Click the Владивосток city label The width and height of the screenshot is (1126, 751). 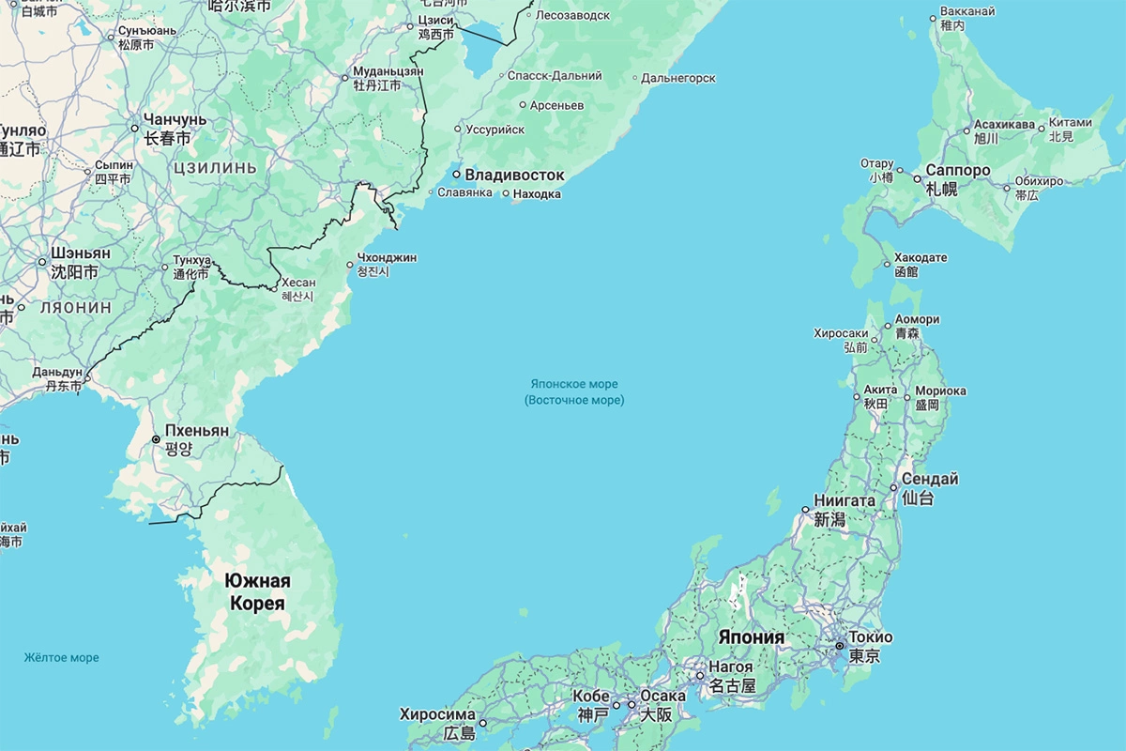pyautogui.click(x=514, y=175)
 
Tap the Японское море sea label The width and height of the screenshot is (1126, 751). pyautogui.click(x=573, y=384)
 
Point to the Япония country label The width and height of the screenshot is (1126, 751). pyautogui.click(x=751, y=637)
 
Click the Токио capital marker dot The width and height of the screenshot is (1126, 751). pyautogui.click(x=840, y=646)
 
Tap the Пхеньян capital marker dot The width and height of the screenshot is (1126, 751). pyautogui.click(x=157, y=439)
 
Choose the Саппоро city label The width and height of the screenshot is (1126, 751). pyautogui.click(x=957, y=170)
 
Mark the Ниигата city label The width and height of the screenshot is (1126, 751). pyautogui.click(x=844, y=500)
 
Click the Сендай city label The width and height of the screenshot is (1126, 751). pyautogui.click(x=930, y=479)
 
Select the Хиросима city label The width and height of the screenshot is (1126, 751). pyautogui.click(x=437, y=713)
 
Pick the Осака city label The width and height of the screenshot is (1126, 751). pyautogui.click(x=663, y=696)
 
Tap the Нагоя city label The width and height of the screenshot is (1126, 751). pyautogui.click(x=731, y=667)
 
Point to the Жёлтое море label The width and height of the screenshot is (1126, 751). pyautogui.click(x=61, y=657)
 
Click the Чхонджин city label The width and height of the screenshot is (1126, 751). pyautogui.click(x=387, y=257)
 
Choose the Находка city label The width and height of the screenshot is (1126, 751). pyautogui.click(x=539, y=194)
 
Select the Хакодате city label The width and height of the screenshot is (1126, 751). pyautogui.click(x=921, y=256)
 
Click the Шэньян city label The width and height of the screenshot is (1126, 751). pyautogui.click(x=81, y=253)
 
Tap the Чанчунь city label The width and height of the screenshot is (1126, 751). pyautogui.click(x=175, y=120)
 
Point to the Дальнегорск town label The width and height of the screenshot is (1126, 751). pyautogui.click(x=678, y=78)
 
